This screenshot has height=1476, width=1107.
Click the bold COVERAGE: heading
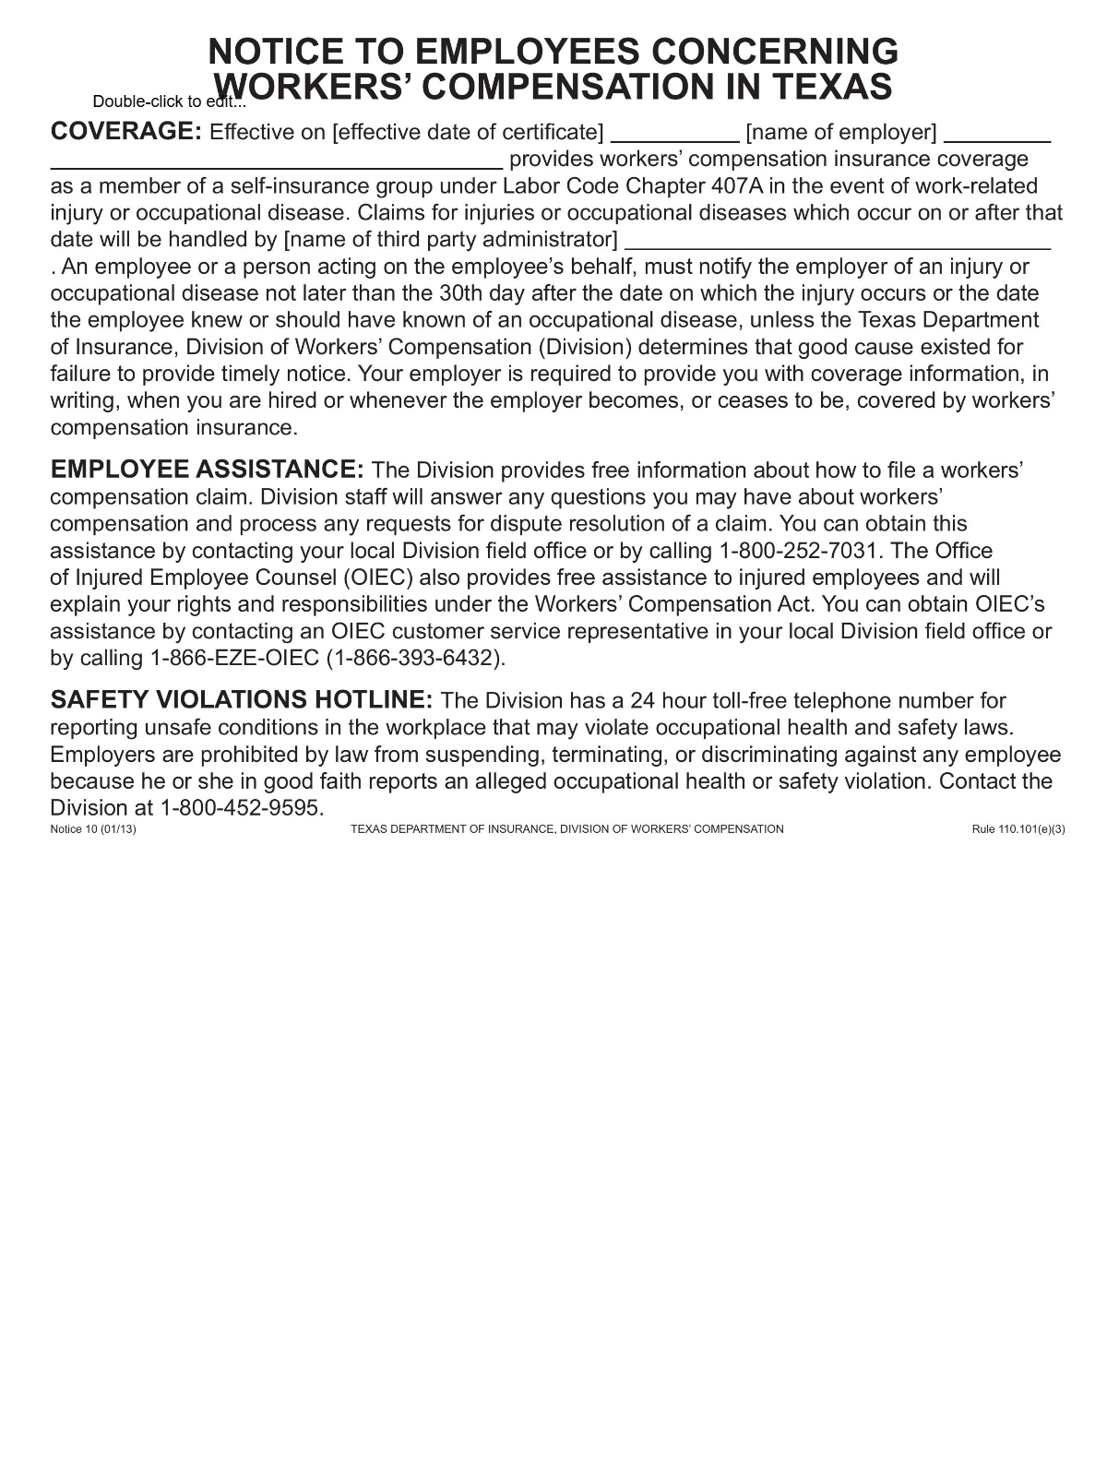[x=125, y=131]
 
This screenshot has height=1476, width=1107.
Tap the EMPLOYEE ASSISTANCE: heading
[x=208, y=469]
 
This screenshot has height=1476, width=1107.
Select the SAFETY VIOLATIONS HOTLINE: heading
[x=241, y=699]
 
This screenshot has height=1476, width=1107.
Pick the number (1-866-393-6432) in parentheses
[x=416, y=659]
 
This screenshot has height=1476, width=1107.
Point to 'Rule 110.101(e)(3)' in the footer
[x=1018, y=829]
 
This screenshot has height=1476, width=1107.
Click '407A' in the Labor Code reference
[x=737, y=185]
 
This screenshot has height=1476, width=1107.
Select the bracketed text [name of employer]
[x=841, y=133]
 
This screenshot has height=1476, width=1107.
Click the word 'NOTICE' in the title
[x=277, y=51]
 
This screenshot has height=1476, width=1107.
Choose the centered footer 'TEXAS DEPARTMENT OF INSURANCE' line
[x=566, y=829]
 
